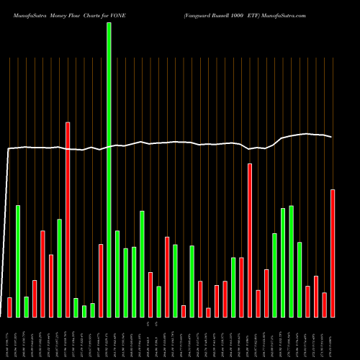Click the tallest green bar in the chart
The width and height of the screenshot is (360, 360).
[109, 169]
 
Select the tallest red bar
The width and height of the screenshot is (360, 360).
[68, 220]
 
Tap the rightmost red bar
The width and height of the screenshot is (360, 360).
[333, 253]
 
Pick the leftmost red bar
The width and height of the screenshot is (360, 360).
[9, 307]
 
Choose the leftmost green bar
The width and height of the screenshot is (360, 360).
[18, 261]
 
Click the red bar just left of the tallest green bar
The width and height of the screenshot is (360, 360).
[101, 280]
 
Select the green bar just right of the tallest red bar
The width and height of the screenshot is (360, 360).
[76, 307]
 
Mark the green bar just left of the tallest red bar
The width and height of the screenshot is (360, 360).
[59, 268]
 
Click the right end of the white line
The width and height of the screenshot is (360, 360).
[332, 137]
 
